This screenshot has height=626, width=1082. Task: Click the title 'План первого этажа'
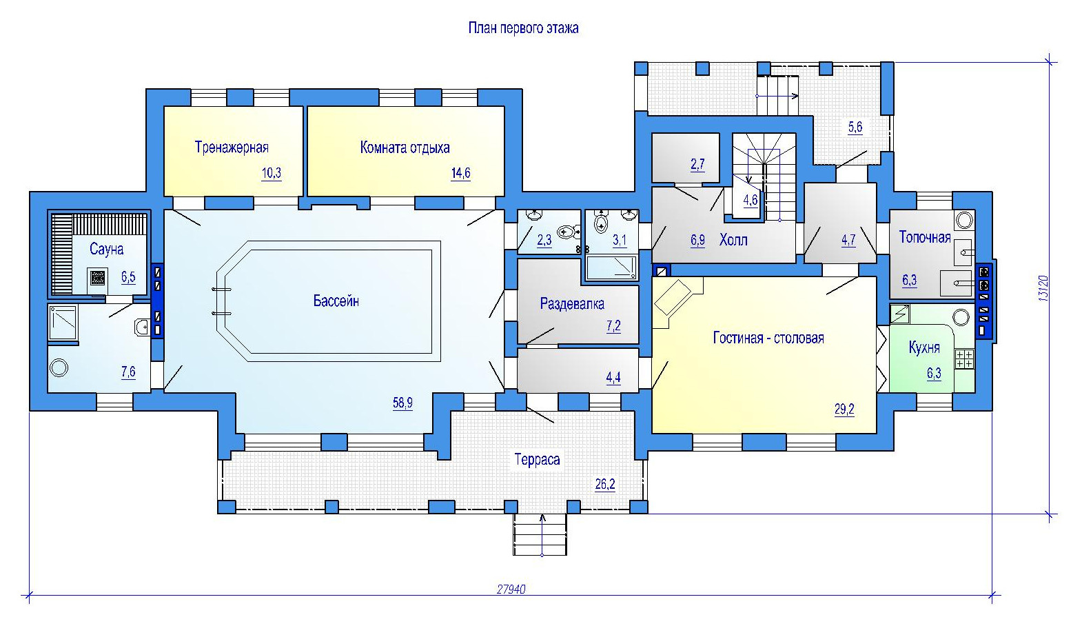[x=523, y=28]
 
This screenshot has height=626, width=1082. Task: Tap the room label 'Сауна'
[x=106, y=249]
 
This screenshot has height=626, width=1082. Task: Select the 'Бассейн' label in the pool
[x=336, y=301]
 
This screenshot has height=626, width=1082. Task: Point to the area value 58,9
[x=402, y=403]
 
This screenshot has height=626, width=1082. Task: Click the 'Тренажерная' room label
[x=232, y=147]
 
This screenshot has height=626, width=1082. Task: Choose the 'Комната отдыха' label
[x=405, y=148]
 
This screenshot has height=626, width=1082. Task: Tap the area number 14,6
[x=460, y=173]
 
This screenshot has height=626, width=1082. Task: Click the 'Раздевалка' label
[x=572, y=303]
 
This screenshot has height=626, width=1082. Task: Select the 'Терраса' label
[x=537, y=459]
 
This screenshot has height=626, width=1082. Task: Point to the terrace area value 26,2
[x=605, y=484]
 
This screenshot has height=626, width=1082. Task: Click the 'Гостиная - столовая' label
[x=768, y=337]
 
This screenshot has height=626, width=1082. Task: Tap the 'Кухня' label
[x=924, y=347]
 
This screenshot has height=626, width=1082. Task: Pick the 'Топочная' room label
[x=925, y=237]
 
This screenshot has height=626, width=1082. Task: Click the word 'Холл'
[x=733, y=240]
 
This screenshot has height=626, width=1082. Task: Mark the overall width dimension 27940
[x=511, y=589]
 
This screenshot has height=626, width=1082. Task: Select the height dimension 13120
[x=1043, y=289]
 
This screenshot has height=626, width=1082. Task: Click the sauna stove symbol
[x=98, y=277]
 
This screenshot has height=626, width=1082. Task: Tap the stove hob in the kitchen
[x=964, y=359]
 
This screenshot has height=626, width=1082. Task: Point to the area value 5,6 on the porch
[x=855, y=127]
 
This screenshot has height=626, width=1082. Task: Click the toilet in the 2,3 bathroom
[x=569, y=232]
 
